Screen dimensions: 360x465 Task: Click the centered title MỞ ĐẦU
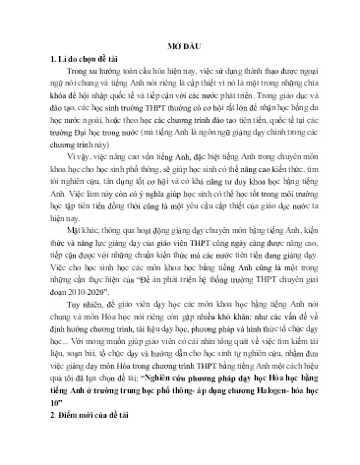[x=179, y=46]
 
